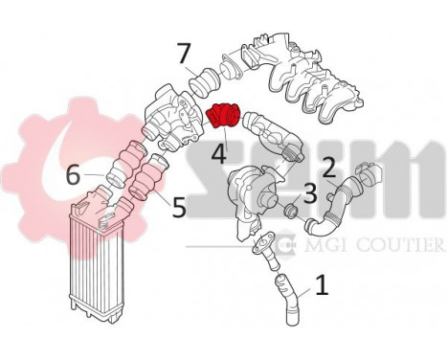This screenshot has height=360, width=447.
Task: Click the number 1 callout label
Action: coord(322,284)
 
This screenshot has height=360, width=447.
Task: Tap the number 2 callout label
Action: coord(328,168)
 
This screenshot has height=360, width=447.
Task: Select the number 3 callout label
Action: coord(309,193)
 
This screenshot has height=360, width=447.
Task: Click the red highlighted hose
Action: coord(223,117)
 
